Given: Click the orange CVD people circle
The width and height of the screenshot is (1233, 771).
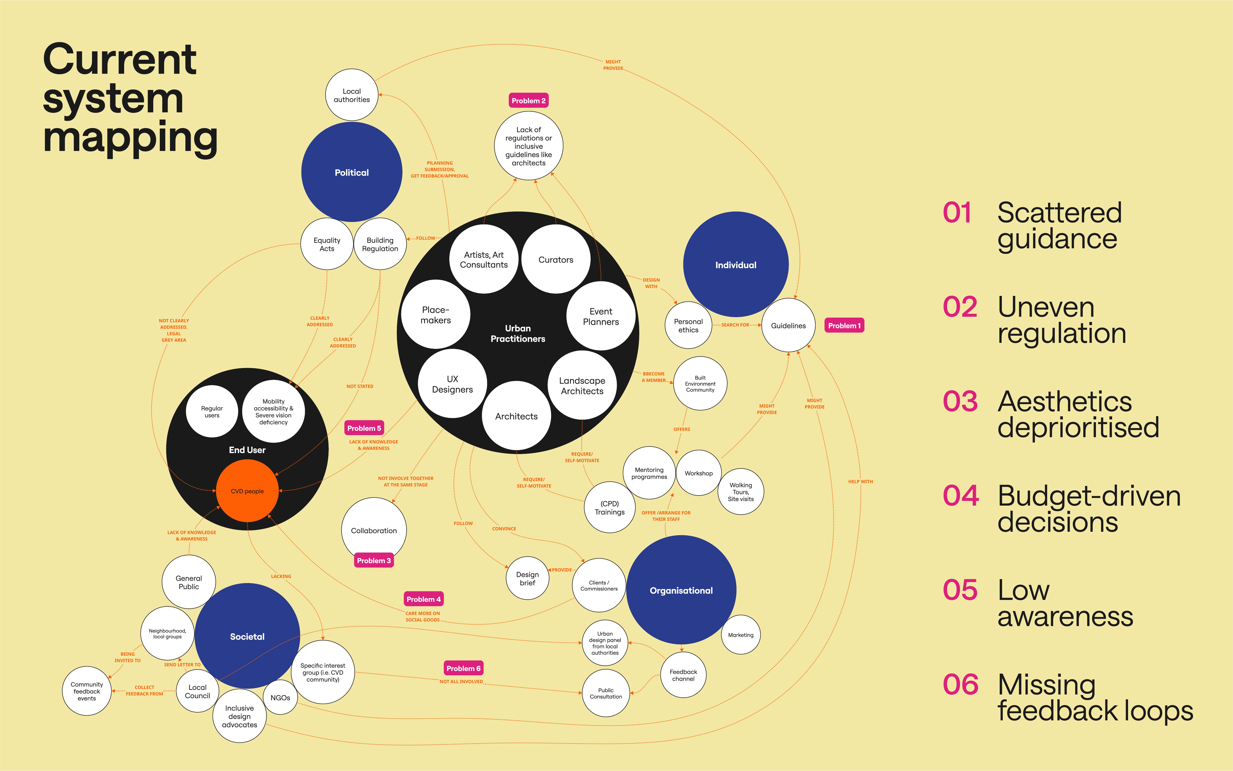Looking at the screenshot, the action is (247, 491).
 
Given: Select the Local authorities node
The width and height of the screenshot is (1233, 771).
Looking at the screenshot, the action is (352, 95).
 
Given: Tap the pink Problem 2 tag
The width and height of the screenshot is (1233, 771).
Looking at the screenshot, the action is (529, 101).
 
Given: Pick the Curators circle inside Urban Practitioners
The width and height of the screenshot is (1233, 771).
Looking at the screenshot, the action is (555, 260).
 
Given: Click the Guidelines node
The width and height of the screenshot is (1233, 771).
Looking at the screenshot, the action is (788, 325).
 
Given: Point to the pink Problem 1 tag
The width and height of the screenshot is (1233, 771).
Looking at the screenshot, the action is (844, 325).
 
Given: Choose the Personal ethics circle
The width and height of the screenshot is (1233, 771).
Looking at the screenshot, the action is (688, 325).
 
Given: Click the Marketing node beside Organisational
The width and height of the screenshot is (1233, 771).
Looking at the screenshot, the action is (741, 635).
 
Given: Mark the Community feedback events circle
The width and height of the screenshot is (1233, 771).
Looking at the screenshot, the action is (87, 691).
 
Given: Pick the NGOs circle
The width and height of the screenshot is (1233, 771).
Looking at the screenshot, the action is (280, 697).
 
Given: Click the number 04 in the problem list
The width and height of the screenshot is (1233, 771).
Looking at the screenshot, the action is (961, 496).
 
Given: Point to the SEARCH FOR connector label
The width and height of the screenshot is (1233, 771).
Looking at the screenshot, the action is (735, 325).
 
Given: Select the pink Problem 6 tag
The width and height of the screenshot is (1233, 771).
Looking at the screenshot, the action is (463, 668).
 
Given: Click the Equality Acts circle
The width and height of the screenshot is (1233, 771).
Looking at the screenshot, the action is (327, 244).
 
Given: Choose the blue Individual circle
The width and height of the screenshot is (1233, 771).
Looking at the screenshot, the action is (736, 265).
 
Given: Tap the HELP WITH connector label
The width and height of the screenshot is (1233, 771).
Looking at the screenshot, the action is (860, 481).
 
